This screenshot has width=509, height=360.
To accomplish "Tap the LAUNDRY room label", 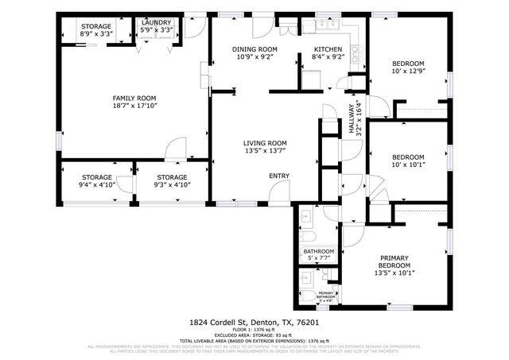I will [157, 24].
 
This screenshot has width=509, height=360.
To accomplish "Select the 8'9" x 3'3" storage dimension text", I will [95, 35].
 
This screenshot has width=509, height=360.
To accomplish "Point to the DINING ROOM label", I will [254, 49].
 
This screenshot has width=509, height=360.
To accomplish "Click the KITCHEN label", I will [327, 49].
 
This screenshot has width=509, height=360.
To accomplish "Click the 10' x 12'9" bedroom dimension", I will [406, 73].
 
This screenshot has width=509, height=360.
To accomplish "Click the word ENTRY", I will [278, 176].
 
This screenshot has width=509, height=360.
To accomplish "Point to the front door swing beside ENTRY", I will [278, 193].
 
